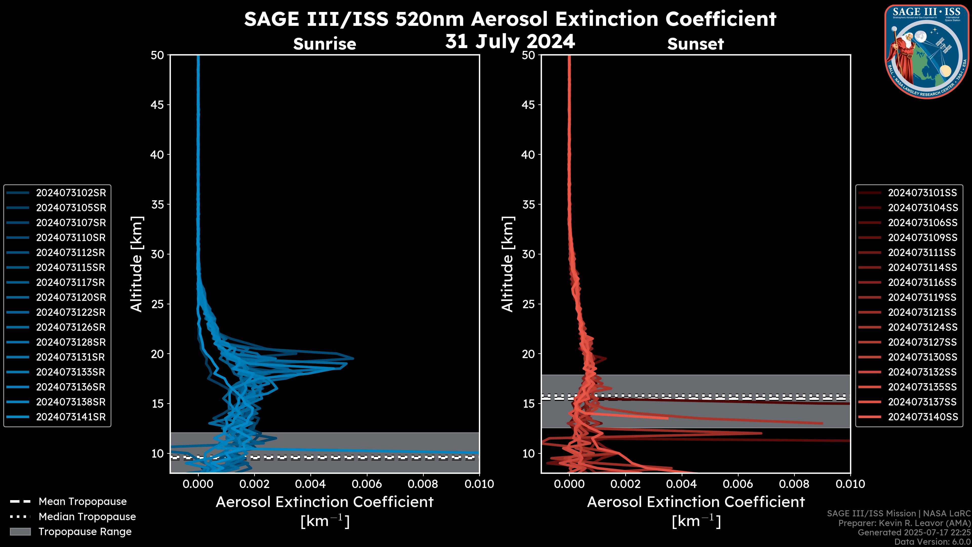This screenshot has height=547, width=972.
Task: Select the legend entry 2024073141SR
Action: click(71, 417)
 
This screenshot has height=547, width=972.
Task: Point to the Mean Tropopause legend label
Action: click(83, 502)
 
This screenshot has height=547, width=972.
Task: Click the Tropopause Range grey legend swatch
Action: click(20, 532)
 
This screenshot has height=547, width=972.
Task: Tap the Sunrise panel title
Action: click(325, 44)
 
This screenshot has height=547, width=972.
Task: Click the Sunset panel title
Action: click(695, 44)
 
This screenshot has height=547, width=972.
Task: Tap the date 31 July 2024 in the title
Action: click(510, 42)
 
